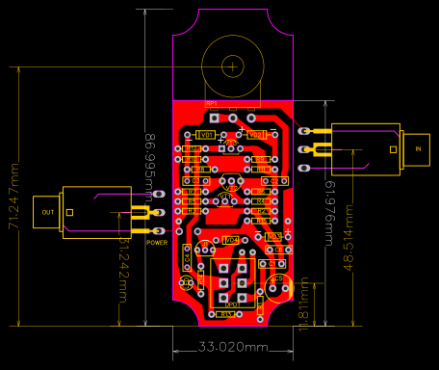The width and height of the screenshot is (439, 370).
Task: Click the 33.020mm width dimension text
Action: (x=233, y=347)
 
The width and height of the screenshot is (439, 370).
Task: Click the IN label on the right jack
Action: (x=418, y=149)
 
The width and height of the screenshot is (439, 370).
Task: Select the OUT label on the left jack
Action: (x=48, y=212)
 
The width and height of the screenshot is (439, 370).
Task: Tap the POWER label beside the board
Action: (x=157, y=243)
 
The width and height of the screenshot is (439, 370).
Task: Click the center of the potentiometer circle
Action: (x=232, y=66)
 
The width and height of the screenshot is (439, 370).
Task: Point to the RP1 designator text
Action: (x=212, y=103)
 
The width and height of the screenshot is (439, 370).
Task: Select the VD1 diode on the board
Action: (x=205, y=135)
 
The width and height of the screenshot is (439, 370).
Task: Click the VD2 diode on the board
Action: (x=255, y=135)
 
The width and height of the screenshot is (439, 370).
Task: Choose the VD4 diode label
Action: (x=231, y=240)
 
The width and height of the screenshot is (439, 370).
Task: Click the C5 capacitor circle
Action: (x=278, y=287)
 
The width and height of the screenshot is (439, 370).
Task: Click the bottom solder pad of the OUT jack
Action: (x=160, y=231)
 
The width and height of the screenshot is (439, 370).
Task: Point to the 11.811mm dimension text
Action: (x=304, y=304)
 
